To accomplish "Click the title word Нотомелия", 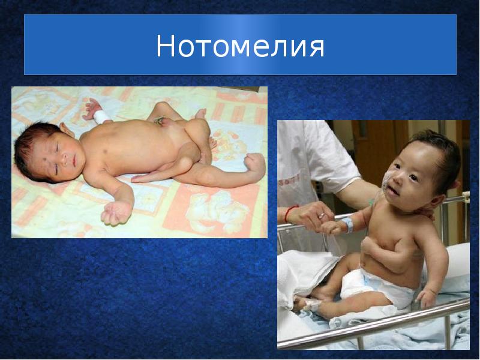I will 240,46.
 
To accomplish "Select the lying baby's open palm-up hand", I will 117,212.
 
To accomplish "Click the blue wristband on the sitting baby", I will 347,226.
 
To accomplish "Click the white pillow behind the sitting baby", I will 459,264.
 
